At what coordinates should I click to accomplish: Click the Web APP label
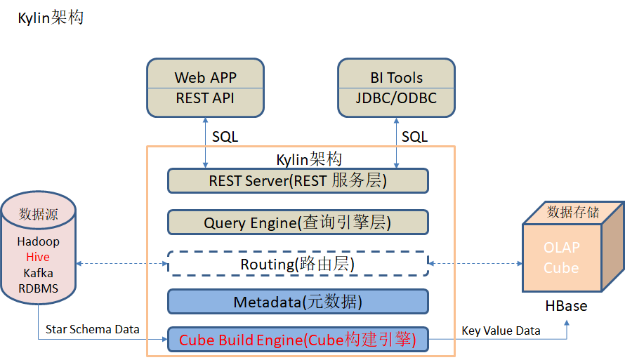pyautogui.click(x=205, y=77)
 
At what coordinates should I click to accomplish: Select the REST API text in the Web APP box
pyautogui.click(x=205, y=98)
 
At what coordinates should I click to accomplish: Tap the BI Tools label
pyautogui.click(x=397, y=77)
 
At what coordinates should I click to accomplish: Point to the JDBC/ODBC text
pyautogui.click(x=397, y=98)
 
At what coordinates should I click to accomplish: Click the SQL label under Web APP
pyautogui.click(x=225, y=137)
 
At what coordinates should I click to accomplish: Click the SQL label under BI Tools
pyautogui.click(x=414, y=137)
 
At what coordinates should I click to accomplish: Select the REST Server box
pyautogui.click(x=298, y=181)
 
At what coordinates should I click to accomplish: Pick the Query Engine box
pyautogui.click(x=298, y=223)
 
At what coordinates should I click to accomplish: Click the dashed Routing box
pyautogui.click(x=298, y=265)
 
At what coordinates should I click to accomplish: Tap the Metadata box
pyautogui.click(x=298, y=302)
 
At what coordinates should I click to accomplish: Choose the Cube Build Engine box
pyautogui.click(x=298, y=340)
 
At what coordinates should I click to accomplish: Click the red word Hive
pyautogui.click(x=39, y=257)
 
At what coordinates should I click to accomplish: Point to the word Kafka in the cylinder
pyautogui.click(x=39, y=273)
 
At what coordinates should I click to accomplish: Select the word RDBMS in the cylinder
pyautogui.click(x=39, y=288)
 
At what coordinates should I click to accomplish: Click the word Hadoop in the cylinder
pyautogui.click(x=39, y=241)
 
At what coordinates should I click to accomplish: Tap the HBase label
pyautogui.click(x=566, y=306)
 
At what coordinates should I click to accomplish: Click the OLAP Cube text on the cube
pyautogui.click(x=561, y=258)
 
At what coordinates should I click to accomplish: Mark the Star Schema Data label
pyautogui.click(x=93, y=329)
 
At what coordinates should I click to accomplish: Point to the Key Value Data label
pyautogui.click(x=501, y=331)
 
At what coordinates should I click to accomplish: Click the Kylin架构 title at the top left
pyautogui.click(x=51, y=18)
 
